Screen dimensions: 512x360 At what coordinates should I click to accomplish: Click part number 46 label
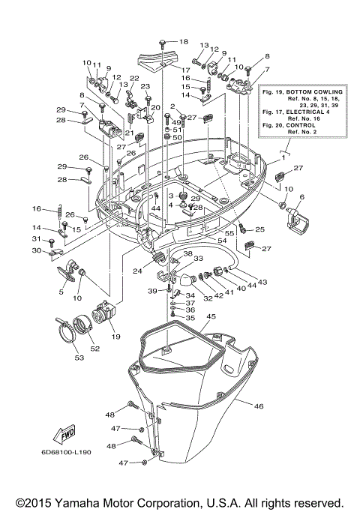point(259,406)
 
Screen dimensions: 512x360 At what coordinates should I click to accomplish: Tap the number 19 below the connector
point(115,337)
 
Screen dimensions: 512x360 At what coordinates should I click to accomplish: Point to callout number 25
point(260,229)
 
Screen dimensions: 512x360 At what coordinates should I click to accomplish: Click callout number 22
point(134,79)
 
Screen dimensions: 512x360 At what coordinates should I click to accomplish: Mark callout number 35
point(190,318)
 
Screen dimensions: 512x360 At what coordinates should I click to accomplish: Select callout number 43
point(262,282)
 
